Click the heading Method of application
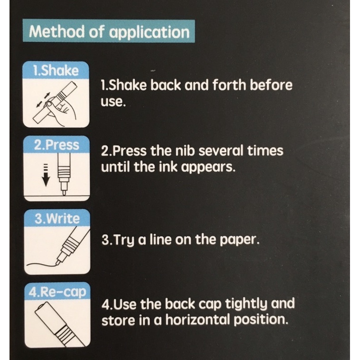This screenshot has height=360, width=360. pyautogui.click(x=109, y=31)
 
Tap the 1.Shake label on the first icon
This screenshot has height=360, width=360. pyautogui.click(x=56, y=70)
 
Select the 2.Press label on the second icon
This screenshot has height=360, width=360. pyautogui.click(x=57, y=146)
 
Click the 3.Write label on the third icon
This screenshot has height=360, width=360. pyautogui.click(x=57, y=218)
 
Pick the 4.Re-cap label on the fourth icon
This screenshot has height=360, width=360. pyautogui.click(x=58, y=292)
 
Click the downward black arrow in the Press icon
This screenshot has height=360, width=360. pyautogui.click(x=46, y=175)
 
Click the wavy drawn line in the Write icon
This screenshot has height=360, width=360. pyautogui.click(x=42, y=264)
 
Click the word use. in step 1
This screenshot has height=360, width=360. pyautogui.click(x=113, y=102)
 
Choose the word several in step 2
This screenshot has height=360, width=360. pyautogui.click(x=220, y=151)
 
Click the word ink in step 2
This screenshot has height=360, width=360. pyautogui.click(x=168, y=167)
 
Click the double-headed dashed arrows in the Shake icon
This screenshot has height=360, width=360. pyautogui.click(x=43, y=100)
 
